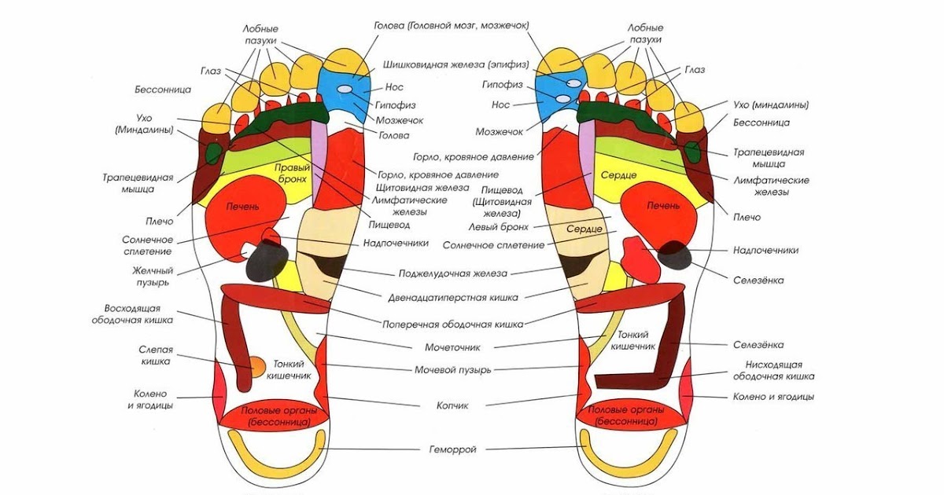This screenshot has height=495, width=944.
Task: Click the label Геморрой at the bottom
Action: coord(452,449)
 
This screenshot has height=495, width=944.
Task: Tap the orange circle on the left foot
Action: coord(256,365)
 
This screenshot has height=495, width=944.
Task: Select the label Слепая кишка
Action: coord(156,355)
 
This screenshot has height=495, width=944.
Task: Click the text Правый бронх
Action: coord(292,174)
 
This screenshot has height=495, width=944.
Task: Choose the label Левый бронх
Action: coord(500,226)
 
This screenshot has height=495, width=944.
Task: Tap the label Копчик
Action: coord(452,405)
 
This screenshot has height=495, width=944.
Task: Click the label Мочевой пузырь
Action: coord(452,369)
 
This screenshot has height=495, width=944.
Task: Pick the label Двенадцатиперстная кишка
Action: coord(452,298)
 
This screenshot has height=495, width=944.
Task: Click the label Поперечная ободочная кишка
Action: coord(452,323)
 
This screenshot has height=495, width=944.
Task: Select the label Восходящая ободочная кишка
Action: coord(138,313)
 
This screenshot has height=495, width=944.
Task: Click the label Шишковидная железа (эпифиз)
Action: coord(455,64)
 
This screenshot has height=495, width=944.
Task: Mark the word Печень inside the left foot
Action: coord(243,206)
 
